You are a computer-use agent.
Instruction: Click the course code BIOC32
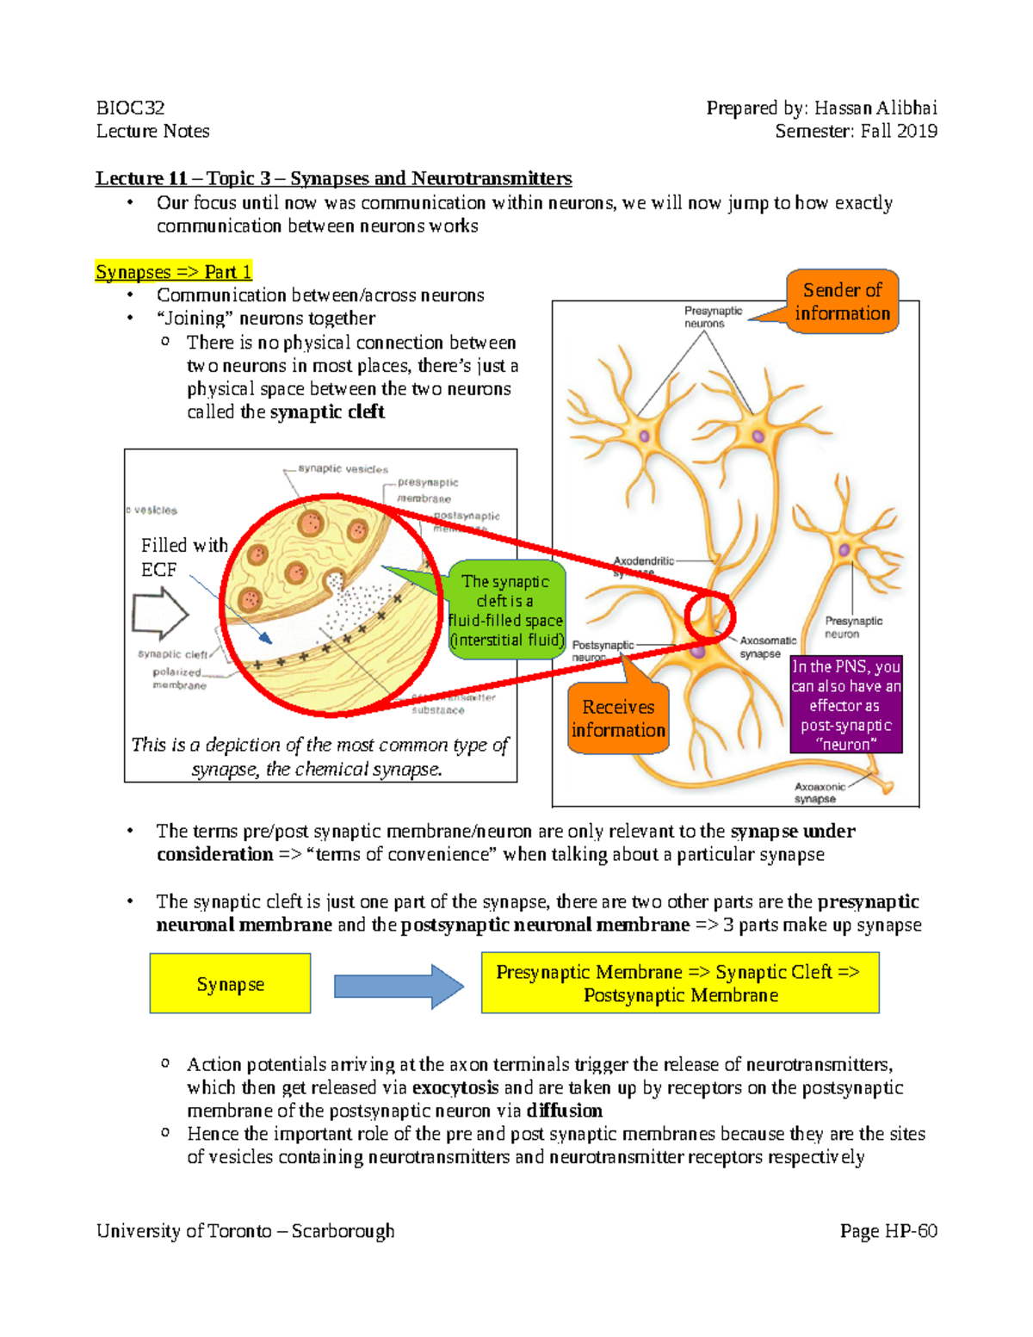[x=130, y=108]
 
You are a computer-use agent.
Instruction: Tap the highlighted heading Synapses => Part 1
[x=173, y=272]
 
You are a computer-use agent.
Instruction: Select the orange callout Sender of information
[x=842, y=301]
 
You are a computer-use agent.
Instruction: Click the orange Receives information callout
[x=618, y=718]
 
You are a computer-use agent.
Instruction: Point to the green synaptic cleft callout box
[x=506, y=610]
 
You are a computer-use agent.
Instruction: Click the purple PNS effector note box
[x=845, y=705]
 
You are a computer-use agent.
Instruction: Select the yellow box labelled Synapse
[x=230, y=983]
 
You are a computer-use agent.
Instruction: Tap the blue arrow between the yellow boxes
[x=398, y=986]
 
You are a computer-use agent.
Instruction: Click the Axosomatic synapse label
[x=767, y=647]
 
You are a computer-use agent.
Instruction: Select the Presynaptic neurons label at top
[x=712, y=317]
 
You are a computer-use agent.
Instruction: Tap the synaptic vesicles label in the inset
[x=343, y=469]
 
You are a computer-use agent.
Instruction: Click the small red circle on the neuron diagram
[x=709, y=616]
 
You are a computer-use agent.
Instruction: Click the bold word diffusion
[x=565, y=1111]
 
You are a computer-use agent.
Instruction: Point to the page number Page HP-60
[x=888, y=1231]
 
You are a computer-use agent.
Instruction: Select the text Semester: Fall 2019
[x=856, y=131]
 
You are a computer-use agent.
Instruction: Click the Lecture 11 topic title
[x=333, y=178]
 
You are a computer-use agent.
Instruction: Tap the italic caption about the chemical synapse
[x=319, y=757]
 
